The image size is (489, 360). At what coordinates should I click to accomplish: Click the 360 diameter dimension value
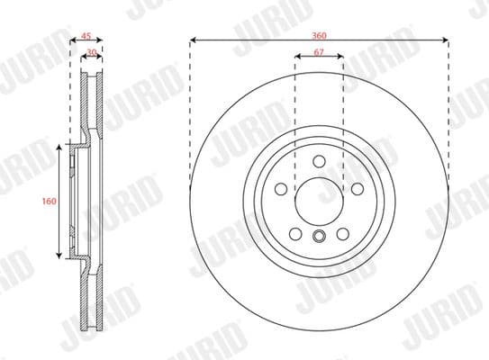(x=320, y=34)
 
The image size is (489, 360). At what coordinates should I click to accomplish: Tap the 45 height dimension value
(x=86, y=36)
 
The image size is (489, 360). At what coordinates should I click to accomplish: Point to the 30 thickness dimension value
(x=92, y=53)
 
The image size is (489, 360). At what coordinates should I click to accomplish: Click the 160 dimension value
(x=50, y=201)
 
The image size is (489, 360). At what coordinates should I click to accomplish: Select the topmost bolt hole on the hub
(x=319, y=161)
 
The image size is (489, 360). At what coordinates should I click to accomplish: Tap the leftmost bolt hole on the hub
(x=280, y=190)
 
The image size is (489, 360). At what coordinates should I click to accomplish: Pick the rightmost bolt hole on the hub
(x=358, y=190)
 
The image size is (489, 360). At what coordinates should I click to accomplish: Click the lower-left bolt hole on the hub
(x=295, y=233)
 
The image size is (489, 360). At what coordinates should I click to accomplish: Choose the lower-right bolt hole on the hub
(x=342, y=233)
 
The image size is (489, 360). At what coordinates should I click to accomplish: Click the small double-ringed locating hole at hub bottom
(x=319, y=238)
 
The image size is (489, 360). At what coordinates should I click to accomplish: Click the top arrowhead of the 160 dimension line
(x=61, y=146)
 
